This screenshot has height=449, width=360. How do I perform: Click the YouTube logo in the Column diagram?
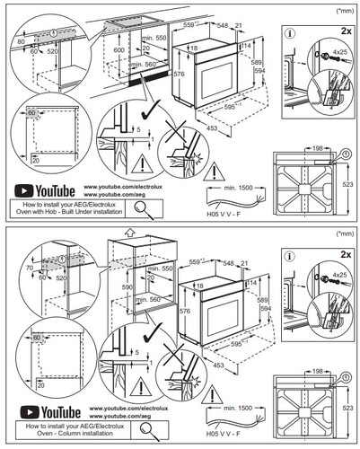(42, 413)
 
